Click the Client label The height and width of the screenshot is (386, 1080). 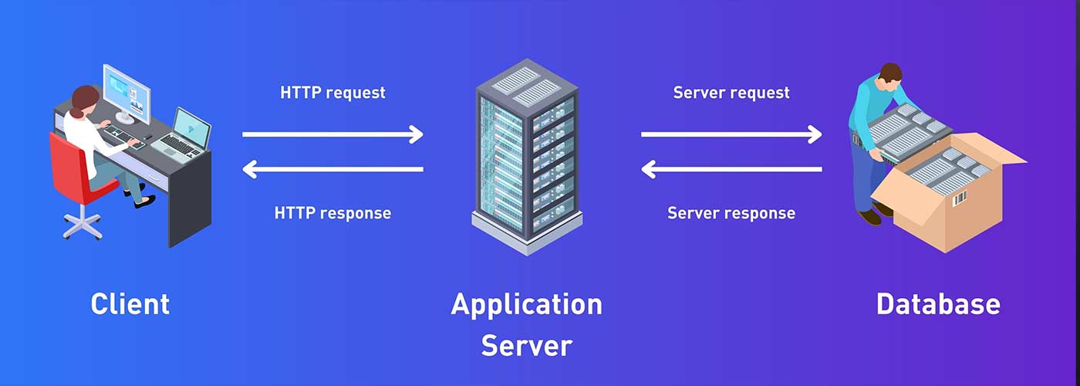(x=130, y=303)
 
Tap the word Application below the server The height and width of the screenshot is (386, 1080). (x=526, y=303)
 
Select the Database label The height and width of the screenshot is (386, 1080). (x=938, y=303)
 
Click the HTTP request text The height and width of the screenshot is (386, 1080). (x=332, y=93)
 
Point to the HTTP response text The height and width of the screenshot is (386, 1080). (x=332, y=212)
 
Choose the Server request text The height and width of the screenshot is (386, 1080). (x=731, y=93)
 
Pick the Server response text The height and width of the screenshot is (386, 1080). (x=731, y=212)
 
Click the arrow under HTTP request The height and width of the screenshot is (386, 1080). (x=332, y=134)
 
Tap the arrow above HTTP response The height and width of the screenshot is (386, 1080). (x=332, y=169)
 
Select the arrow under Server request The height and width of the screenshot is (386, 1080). (x=731, y=134)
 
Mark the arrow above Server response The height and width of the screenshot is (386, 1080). (x=731, y=169)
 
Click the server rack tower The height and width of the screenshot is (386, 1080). (x=526, y=154)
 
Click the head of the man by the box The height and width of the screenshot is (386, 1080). (x=890, y=74)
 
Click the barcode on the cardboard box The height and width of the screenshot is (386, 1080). (x=960, y=199)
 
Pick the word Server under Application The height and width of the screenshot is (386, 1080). (x=526, y=345)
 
